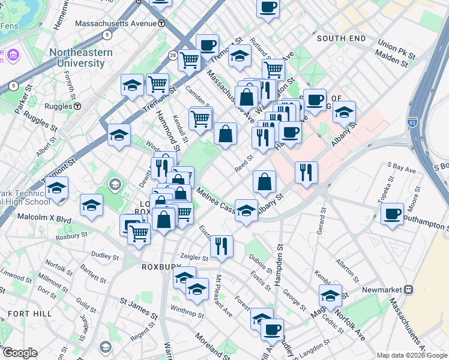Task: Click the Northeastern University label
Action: click(81, 58)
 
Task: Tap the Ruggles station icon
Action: click(77, 106)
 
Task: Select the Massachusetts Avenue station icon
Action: click(162, 23)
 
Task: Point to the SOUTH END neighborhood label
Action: click(341, 38)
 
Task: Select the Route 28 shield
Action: click(173, 55)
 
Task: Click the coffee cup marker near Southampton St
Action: click(393, 214)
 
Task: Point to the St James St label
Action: click(139, 302)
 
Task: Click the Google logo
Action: click(19, 353)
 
